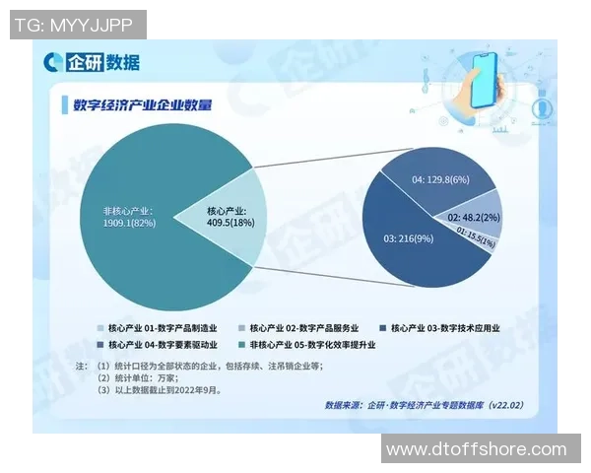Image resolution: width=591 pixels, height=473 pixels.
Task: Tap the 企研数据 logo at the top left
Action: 92,63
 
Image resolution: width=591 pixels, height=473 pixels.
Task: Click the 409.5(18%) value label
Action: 231,224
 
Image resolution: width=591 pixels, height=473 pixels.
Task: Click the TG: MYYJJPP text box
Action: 77,23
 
